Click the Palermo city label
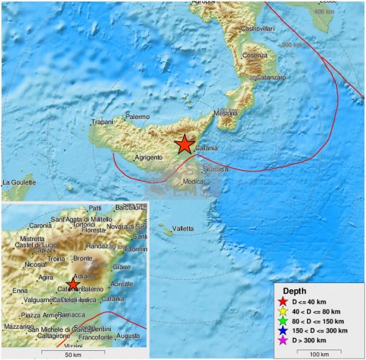pos(137,117)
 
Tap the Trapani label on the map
pos(102,122)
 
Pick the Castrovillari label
pos(260,29)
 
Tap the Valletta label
pos(183,229)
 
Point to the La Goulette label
pos(19,182)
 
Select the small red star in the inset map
pos(73,285)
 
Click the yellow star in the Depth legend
pos(282,311)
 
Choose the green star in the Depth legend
pos(282,321)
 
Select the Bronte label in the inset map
pos(82,258)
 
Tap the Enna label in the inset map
pos(20,290)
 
